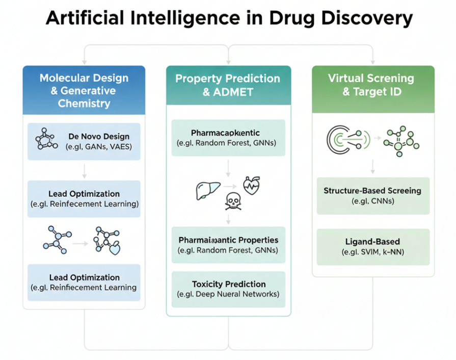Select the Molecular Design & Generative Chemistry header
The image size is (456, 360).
[84, 91]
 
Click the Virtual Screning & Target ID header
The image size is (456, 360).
[373, 85]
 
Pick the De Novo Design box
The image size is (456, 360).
[84, 141]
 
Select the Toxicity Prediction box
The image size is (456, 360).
[228, 289]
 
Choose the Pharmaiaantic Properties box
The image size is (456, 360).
[228, 245]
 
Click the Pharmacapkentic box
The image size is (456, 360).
[228, 138]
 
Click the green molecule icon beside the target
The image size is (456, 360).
[401, 138]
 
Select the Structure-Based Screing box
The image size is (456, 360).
[372, 196]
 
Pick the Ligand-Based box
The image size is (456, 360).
[372, 246]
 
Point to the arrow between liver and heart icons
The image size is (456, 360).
[230, 188]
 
